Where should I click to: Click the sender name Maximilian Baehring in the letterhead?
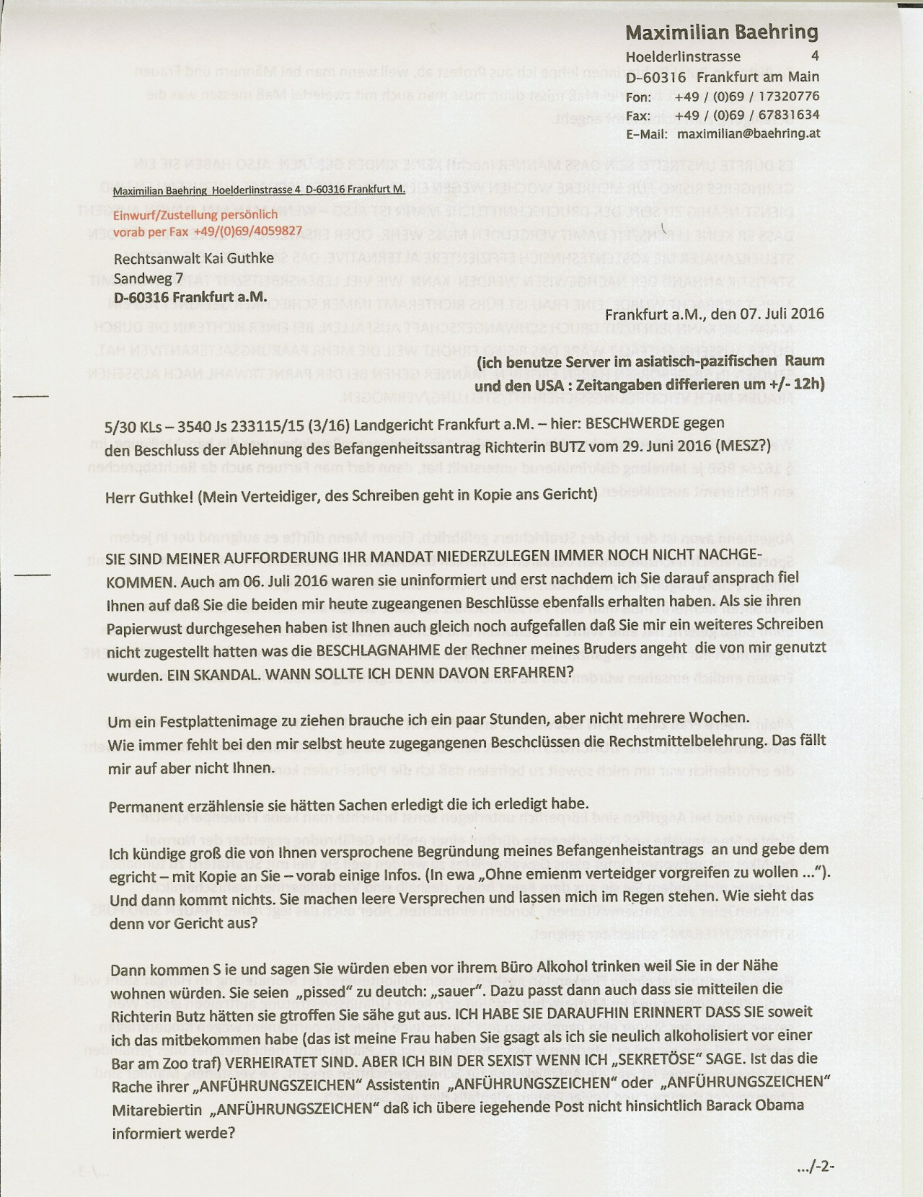pyautogui.click(x=721, y=32)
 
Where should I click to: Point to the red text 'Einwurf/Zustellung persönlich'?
pyautogui.click(x=196, y=214)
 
